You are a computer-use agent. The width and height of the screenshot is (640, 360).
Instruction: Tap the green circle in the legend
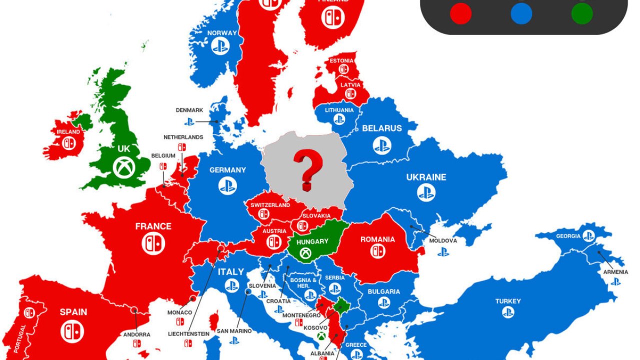click(582, 13)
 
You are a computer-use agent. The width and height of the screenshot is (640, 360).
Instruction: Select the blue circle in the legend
click(521, 13)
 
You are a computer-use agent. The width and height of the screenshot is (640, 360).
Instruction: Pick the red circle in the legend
click(460, 13)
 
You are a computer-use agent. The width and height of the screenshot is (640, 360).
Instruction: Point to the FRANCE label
click(153, 226)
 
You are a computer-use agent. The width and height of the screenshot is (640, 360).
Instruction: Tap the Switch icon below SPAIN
click(72, 330)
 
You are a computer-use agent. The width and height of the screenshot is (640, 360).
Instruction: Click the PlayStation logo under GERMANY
click(227, 186)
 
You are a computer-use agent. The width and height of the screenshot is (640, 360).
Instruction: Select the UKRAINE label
click(426, 177)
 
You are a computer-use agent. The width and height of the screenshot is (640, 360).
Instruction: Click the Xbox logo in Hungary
click(305, 253)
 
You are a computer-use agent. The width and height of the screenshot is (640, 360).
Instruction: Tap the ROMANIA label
click(377, 239)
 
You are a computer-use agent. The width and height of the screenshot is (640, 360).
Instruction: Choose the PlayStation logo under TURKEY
click(508, 312)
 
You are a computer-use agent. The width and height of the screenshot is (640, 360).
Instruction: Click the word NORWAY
click(222, 33)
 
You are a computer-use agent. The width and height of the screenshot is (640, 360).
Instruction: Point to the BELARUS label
click(382, 128)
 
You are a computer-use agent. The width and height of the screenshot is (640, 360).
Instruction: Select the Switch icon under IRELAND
click(68, 142)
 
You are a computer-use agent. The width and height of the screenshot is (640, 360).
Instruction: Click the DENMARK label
click(189, 110)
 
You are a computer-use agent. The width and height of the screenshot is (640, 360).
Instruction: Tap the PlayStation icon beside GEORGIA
click(588, 235)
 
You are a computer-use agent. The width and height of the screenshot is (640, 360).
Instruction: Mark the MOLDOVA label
click(443, 240)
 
